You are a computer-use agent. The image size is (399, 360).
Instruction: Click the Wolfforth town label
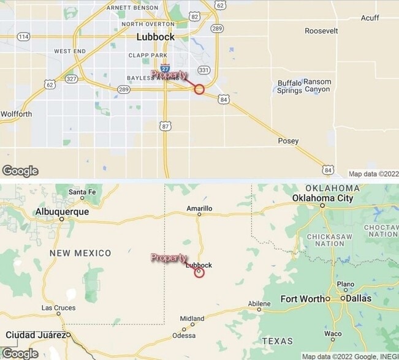(x=16, y=113)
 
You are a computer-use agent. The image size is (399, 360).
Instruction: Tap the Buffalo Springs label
(x=289, y=87)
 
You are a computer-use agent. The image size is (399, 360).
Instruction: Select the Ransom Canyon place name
(x=317, y=86)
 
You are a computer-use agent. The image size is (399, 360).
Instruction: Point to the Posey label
(x=288, y=141)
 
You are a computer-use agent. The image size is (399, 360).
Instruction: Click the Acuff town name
(x=370, y=18)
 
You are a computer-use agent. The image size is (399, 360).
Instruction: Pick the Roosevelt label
(x=321, y=31)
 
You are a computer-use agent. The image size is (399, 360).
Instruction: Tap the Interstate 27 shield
(x=165, y=67)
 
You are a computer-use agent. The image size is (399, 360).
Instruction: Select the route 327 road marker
(x=72, y=79)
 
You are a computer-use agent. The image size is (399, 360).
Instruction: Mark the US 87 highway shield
(x=165, y=126)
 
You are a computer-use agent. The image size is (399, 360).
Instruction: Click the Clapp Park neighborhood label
(x=147, y=55)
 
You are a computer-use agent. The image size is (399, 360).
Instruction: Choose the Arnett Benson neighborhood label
(x=132, y=7)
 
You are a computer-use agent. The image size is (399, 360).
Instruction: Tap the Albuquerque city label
(x=61, y=211)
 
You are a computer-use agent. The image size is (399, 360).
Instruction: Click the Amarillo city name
(x=199, y=208)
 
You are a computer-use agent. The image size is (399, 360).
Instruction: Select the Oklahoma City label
(x=323, y=198)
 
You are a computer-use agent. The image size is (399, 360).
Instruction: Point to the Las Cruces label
(x=58, y=308)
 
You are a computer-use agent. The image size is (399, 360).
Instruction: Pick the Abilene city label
(x=259, y=304)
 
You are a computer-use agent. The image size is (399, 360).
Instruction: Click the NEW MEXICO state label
(x=80, y=253)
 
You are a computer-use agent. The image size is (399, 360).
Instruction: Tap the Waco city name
(x=333, y=334)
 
